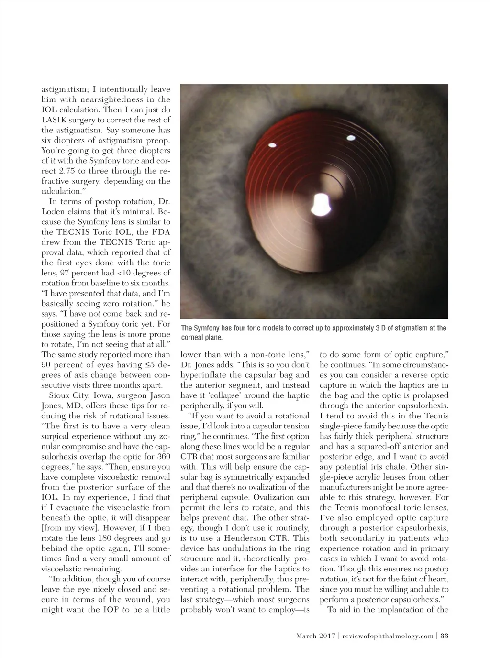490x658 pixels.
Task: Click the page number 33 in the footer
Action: coord(444,636)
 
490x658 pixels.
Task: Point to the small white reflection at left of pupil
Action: coord(273,145)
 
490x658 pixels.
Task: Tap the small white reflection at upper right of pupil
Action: coord(350,139)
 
